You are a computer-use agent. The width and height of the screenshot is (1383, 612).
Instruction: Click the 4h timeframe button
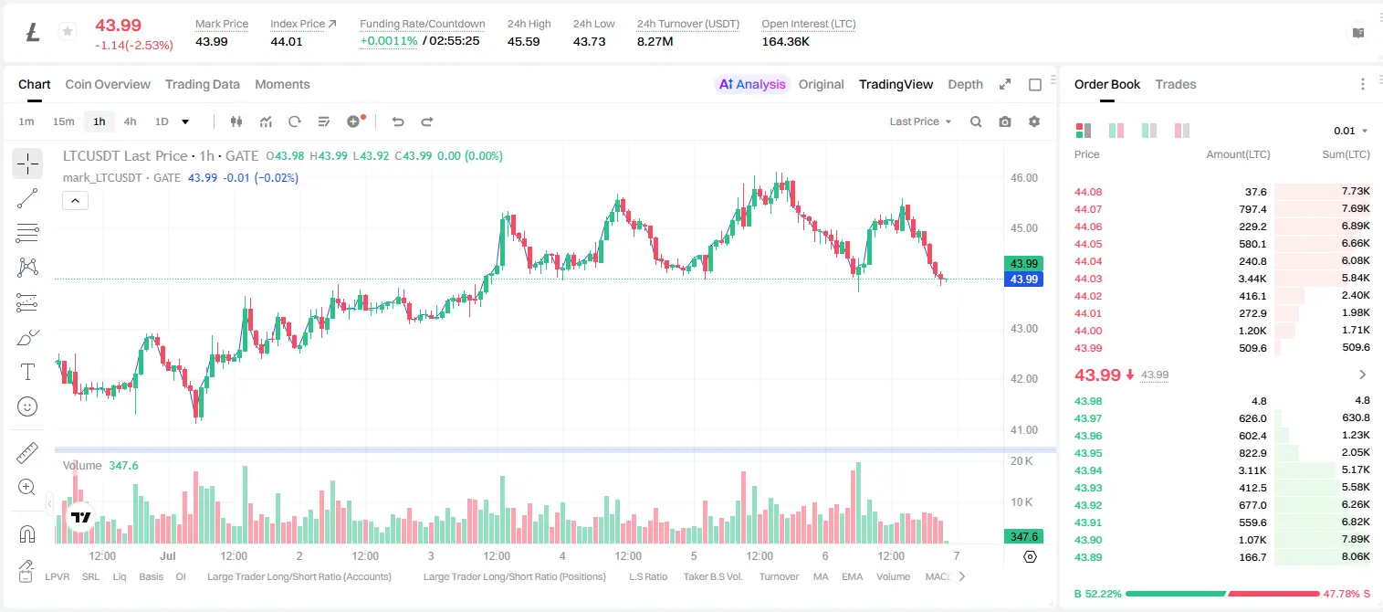coord(130,121)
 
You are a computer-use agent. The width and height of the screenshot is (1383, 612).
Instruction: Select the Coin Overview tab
coord(108,85)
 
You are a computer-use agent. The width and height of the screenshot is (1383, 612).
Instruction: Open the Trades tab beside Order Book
coord(1175,85)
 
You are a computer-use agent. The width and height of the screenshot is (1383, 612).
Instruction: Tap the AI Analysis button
coord(752,85)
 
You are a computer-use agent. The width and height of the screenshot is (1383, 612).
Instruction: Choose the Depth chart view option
coord(965,85)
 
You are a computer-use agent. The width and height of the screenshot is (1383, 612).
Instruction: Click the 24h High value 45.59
coord(524,42)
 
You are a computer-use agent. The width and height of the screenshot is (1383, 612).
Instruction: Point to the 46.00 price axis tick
coord(1024,178)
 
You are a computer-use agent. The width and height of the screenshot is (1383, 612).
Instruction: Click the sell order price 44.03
coord(1088,279)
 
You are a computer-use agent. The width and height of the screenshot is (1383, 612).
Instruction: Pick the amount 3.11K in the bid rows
coord(1252,470)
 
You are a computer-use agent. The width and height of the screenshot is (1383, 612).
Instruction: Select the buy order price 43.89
coord(1088,557)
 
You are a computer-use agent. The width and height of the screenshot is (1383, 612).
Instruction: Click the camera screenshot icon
coord(1005,121)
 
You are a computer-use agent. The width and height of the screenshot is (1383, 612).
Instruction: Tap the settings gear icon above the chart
coord(1034,121)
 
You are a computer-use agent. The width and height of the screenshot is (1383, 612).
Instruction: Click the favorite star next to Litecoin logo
coord(68,31)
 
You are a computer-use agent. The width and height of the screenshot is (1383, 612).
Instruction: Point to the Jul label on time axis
coord(168,555)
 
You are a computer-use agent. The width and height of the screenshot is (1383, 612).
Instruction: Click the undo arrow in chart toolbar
coord(398,121)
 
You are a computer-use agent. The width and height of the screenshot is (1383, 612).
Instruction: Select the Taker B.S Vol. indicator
coord(712,576)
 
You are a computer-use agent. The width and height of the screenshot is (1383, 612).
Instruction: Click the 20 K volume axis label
coord(1022,461)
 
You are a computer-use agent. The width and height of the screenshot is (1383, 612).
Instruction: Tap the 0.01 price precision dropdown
coord(1350,131)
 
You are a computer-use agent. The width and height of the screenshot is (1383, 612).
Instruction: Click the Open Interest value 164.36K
coord(785,42)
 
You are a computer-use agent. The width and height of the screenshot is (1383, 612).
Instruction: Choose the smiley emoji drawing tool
coord(27,406)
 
